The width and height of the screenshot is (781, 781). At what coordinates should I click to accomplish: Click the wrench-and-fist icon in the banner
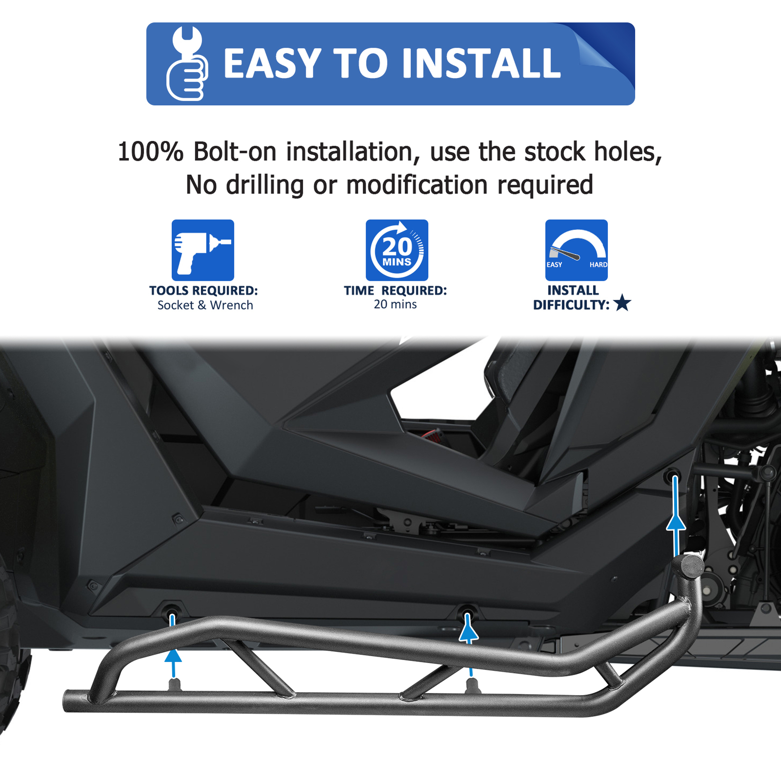click(187, 63)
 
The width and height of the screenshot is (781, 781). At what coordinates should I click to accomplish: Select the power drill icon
click(203, 250)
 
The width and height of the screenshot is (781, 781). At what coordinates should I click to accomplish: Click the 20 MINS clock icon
click(397, 250)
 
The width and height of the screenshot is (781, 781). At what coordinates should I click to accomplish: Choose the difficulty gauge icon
click(576, 250)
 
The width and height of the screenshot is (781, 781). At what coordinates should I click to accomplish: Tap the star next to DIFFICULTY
click(622, 303)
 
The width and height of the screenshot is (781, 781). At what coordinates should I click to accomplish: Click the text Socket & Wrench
click(205, 305)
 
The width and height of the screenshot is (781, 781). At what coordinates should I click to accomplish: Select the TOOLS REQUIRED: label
click(204, 290)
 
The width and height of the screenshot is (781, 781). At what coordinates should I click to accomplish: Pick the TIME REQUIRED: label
click(395, 290)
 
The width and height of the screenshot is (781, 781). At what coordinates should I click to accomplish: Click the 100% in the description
click(150, 152)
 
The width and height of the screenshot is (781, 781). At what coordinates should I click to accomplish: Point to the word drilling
click(265, 185)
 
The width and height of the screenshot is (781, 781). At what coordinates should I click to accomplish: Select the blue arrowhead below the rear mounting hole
click(676, 523)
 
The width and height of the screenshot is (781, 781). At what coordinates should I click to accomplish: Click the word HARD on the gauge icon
click(598, 265)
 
